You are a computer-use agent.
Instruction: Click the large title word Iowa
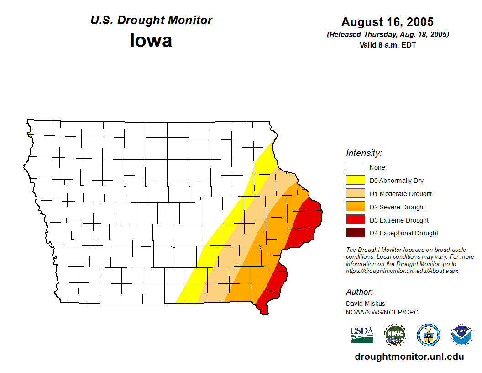coord(151,41)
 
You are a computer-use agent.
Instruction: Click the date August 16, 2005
coord(387,22)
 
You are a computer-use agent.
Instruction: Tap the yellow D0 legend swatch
coord(355,180)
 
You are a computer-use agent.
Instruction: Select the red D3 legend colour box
coord(355,220)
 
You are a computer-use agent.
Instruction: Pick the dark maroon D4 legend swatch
coord(355,233)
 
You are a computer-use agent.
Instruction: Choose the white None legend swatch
coord(355,167)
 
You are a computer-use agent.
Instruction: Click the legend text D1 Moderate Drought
coord(401,194)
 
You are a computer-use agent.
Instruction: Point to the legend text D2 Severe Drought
coord(397,207)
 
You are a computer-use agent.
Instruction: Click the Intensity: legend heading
coord(364,153)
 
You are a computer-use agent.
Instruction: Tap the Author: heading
coord(359,292)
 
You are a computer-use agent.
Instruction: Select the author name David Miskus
coord(366,304)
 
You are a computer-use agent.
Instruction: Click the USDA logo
coord(362,335)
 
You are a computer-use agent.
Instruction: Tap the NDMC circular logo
coord(395,335)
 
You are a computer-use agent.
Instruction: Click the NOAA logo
coord(461,335)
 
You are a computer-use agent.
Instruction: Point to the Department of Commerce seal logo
coord(429,335)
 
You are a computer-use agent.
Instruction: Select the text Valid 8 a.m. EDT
coord(388,45)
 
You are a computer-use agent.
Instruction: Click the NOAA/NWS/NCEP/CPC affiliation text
coord(382,312)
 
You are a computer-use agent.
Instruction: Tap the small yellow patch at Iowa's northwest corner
coord(29,134)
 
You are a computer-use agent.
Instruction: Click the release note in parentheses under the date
coord(388,35)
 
